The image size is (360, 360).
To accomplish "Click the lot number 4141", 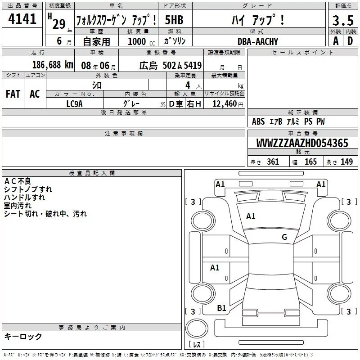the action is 22,19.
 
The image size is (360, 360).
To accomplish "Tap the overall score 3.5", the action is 343,20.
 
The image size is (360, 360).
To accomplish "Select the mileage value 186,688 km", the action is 53,65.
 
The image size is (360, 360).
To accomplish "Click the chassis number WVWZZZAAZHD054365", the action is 302,143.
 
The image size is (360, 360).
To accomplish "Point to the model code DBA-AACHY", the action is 257,41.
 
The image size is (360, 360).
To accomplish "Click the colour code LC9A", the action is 74,104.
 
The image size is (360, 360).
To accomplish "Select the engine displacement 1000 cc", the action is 141,41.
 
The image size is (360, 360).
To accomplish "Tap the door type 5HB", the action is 174,20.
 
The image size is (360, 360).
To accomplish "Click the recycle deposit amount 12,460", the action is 225,104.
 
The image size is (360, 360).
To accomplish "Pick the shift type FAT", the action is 13,94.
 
